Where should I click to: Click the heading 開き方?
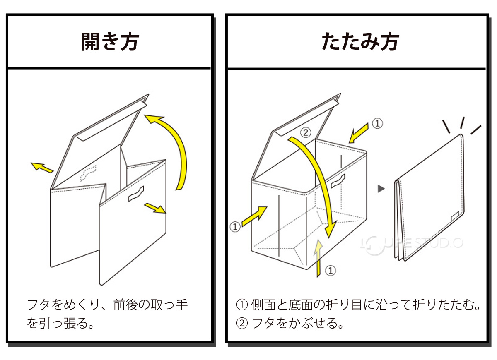click(110, 41)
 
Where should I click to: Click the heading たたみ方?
click(360, 41)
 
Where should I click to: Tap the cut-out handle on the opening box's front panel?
click(136, 194)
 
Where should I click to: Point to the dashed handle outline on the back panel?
click(88, 173)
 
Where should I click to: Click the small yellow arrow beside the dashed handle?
click(43, 167)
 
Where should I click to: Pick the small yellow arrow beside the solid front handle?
click(155, 208)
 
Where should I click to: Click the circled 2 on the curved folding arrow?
click(305, 132)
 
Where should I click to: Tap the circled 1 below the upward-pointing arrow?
click(330, 271)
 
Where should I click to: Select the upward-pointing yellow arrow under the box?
click(318, 259)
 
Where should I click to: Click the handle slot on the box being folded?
click(338, 181)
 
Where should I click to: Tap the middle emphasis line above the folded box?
click(462, 122)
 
